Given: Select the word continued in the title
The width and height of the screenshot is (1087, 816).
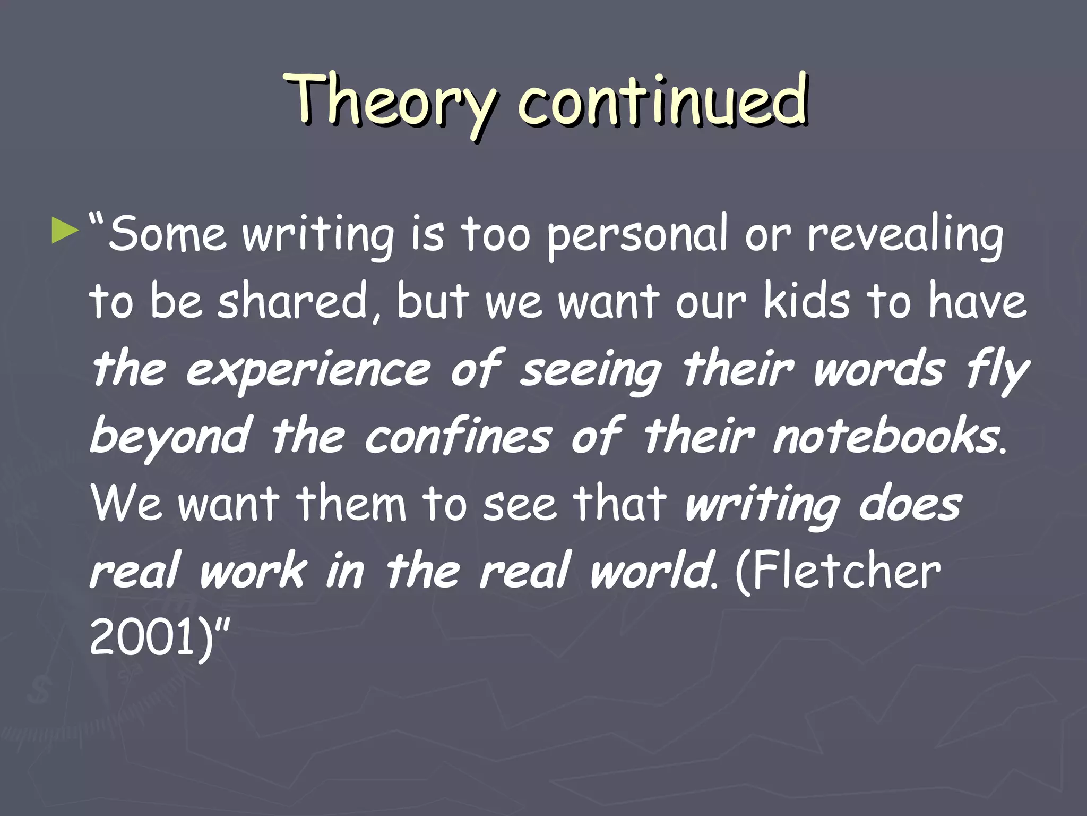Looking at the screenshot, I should click(663, 101).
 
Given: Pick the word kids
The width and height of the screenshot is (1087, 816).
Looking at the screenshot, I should click(807, 301).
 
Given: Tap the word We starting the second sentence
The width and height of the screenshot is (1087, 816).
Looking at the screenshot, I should click(126, 504).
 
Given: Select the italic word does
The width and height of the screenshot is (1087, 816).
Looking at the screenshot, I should click(910, 504).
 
